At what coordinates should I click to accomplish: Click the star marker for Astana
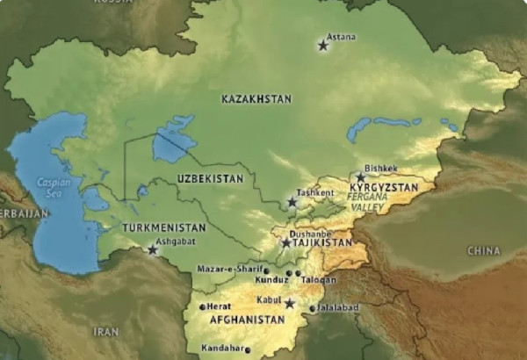click(x=323, y=45)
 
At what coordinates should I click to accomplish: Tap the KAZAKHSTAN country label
click(x=256, y=100)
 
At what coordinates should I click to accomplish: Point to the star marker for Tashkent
click(x=292, y=203)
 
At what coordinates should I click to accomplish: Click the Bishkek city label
click(x=380, y=168)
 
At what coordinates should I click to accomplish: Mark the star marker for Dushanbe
click(x=286, y=243)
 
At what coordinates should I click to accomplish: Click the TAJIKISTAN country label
click(x=321, y=243)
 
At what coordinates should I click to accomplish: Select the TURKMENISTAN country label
click(x=163, y=227)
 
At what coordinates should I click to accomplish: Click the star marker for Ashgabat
click(x=153, y=250)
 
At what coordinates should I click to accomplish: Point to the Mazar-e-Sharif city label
click(x=229, y=269)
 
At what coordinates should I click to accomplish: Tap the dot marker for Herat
click(x=203, y=306)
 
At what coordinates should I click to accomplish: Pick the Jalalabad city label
click(x=338, y=308)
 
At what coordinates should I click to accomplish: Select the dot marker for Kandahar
click(x=248, y=350)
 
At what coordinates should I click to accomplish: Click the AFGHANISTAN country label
click(x=248, y=320)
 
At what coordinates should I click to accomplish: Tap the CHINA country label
click(x=483, y=251)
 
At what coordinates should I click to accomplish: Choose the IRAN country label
click(x=105, y=332)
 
